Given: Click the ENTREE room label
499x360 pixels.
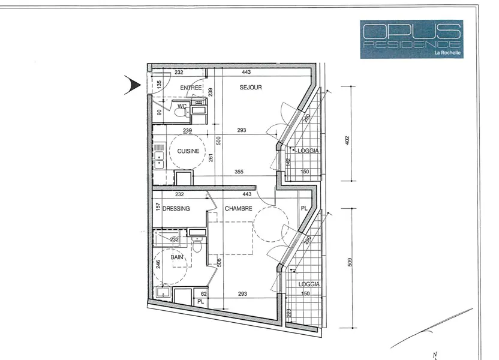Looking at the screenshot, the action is click(191, 88).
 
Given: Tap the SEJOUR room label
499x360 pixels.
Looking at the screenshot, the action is click(251, 88).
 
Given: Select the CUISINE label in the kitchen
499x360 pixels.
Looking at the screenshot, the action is click(188, 151).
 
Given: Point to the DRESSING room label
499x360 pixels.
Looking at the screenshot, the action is click(176, 209).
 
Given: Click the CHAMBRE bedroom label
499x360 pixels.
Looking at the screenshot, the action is click(238, 208).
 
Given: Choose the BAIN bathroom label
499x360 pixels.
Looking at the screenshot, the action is click(177, 257).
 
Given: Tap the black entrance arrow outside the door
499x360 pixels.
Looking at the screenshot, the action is click(133, 85).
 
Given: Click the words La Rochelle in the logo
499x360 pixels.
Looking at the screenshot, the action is click(447, 53).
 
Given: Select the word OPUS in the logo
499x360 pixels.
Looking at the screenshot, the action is click(411, 31).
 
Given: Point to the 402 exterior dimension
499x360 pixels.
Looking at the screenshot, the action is click(347, 140).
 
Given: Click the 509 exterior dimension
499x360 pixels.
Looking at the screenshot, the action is click(350, 262).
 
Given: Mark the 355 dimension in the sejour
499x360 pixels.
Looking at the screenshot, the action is click(239, 172).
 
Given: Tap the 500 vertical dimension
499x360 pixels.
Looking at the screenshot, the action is click(219, 140).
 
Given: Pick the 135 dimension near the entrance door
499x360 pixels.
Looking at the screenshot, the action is click(159, 85).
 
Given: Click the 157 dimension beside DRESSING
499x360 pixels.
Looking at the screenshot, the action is click(158, 207).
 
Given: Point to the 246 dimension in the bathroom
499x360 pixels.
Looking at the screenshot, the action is click(158, 264).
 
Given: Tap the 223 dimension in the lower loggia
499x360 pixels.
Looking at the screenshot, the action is click(289, 313).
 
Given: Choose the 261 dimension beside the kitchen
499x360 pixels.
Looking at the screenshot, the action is click(211, 158).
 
